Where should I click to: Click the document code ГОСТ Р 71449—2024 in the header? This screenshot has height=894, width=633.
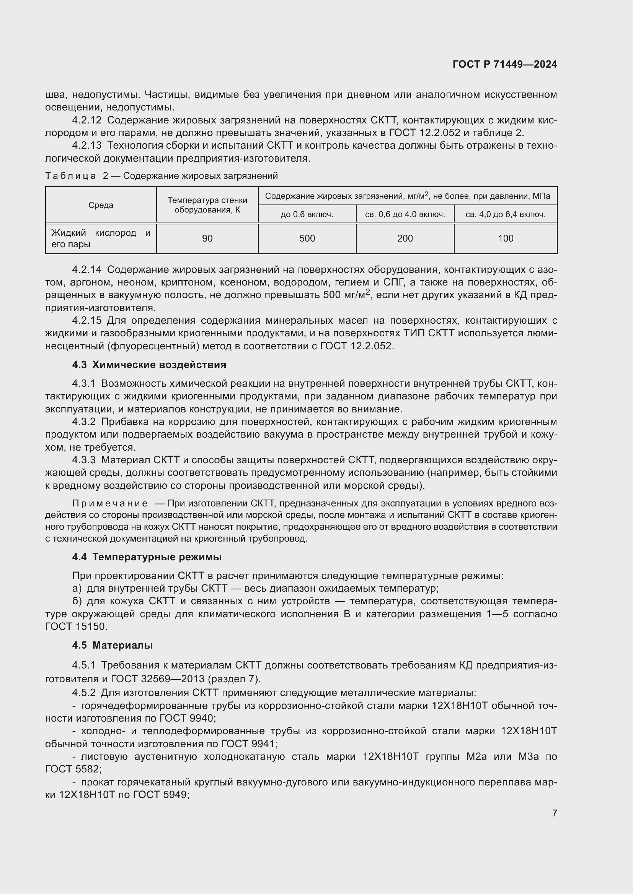point(504,64)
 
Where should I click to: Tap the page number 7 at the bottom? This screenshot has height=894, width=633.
point(554,813)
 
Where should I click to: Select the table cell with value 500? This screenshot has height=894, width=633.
point(307,238)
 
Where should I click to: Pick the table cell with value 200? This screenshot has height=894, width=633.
point(405,238)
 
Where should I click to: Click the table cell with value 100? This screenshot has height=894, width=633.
point(505,238)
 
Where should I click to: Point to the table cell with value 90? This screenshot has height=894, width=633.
point(207,238)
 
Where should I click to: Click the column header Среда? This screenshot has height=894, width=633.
point(101,205)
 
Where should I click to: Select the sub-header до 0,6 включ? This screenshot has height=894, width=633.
point(307,214)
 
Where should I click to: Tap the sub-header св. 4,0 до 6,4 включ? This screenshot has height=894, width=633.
point(505,214)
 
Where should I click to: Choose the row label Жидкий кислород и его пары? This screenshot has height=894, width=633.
point(101,238)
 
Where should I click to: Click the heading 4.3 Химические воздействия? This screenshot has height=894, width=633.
point(149,365)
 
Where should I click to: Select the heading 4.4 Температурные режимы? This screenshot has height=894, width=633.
point(147,557)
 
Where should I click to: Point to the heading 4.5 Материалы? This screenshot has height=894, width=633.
point(112,645)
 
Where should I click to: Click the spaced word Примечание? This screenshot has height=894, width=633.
point(110,503)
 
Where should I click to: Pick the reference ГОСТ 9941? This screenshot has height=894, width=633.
point(248,744)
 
